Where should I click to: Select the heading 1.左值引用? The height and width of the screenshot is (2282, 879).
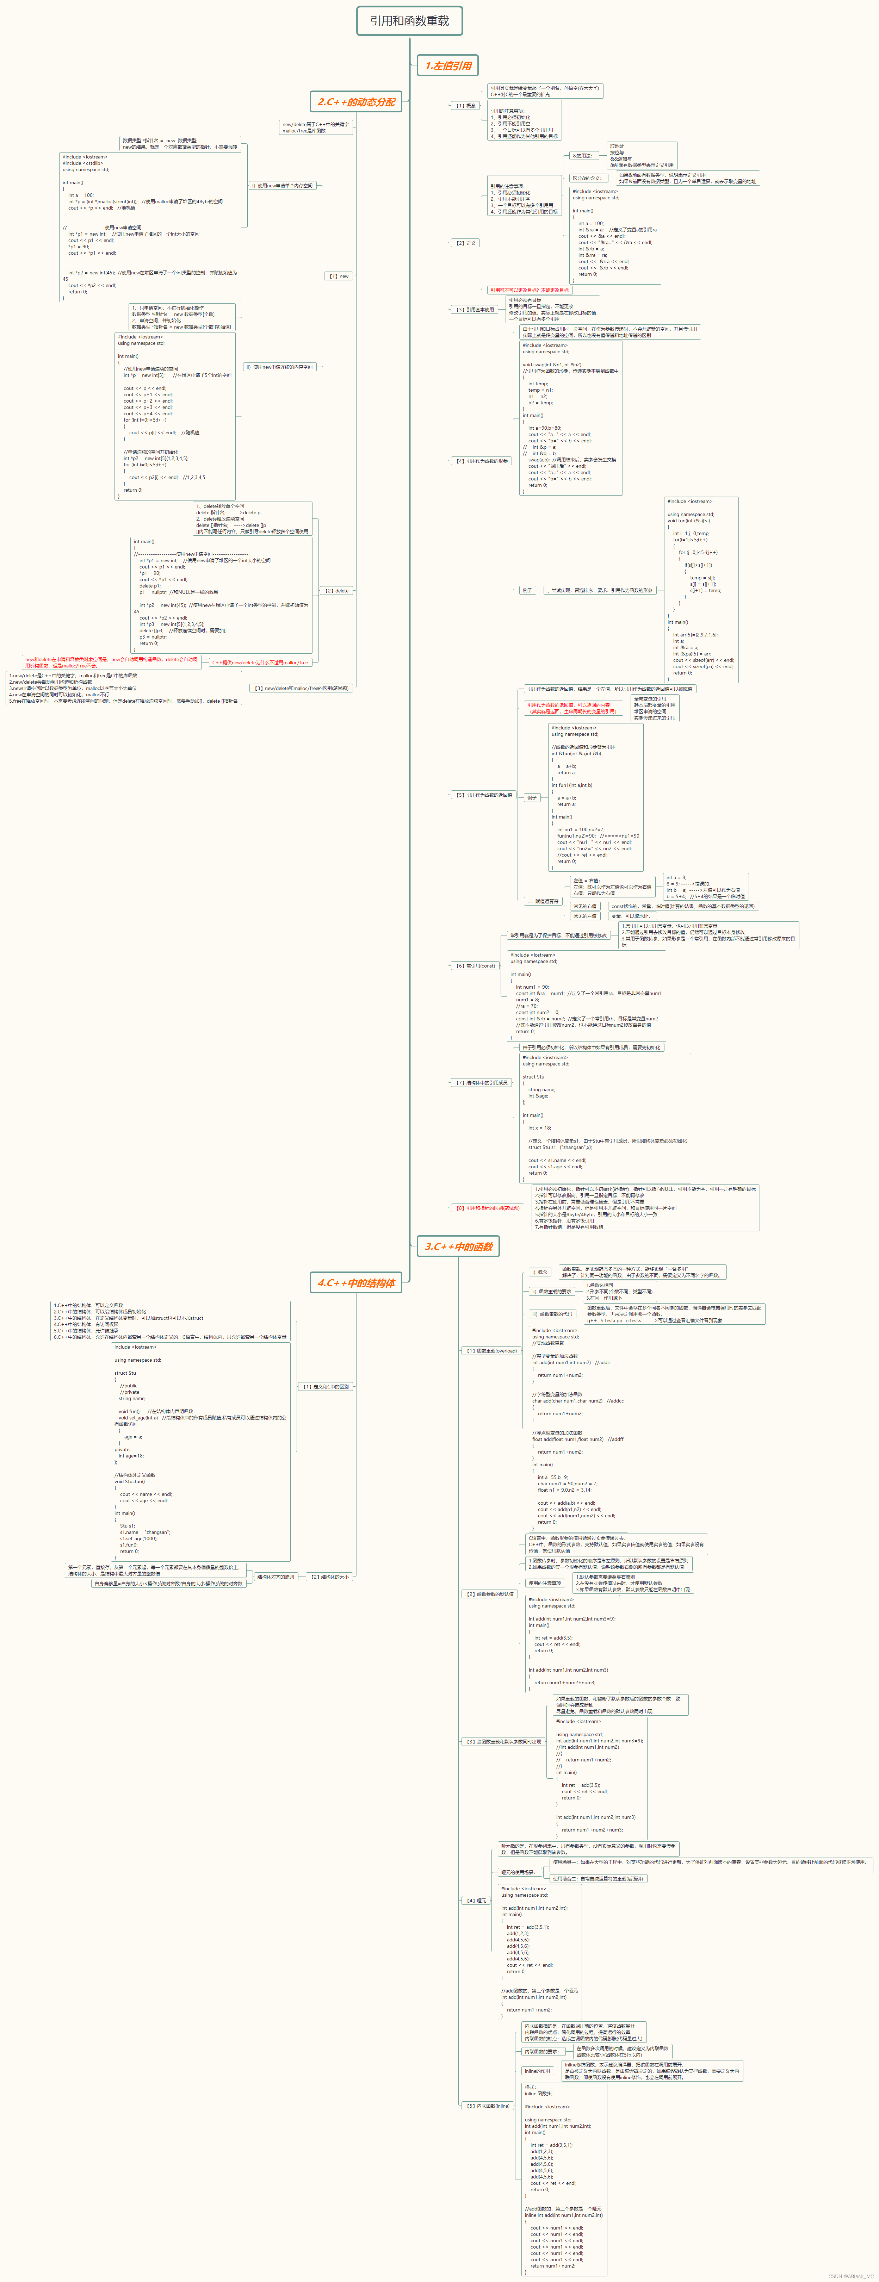[448, 66]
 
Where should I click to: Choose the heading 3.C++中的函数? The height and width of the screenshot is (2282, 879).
[458, 1246]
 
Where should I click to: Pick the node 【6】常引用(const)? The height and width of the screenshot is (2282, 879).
[476, 966]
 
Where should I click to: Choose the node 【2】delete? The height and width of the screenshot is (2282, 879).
[336, 591]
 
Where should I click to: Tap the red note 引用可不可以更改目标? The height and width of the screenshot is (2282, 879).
[529, 290]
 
